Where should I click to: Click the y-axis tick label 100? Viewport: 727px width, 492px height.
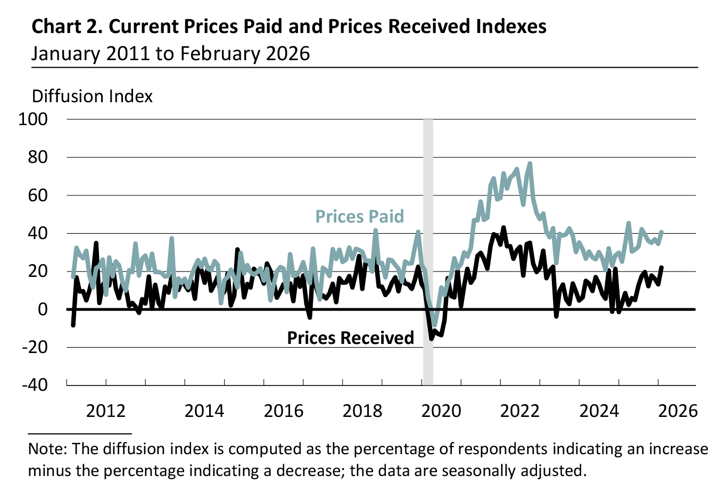click(33, 119)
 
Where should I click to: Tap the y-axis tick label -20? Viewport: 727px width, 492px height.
click(34, 347)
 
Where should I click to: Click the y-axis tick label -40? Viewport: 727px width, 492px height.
click(34, 384)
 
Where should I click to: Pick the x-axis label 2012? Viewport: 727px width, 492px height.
click(106, 411)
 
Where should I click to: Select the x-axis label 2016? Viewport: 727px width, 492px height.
click(284, 411)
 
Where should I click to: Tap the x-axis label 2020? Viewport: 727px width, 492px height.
click(441, 411)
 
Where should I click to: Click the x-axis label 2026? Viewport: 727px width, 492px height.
click(678, 411)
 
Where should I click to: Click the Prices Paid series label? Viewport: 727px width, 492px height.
click(360, 216)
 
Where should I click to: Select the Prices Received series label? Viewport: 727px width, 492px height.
click(350, 338)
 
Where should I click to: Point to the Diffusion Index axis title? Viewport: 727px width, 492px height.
click(92, 96)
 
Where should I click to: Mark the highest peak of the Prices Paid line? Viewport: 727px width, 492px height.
click(530, 163)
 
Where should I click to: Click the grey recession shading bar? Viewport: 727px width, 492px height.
click(428, 250)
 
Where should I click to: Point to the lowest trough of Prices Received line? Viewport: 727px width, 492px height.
click(432, 338)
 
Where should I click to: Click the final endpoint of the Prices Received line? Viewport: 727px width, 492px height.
click(662, 267)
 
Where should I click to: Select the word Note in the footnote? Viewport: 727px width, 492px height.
click(47, 448)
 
